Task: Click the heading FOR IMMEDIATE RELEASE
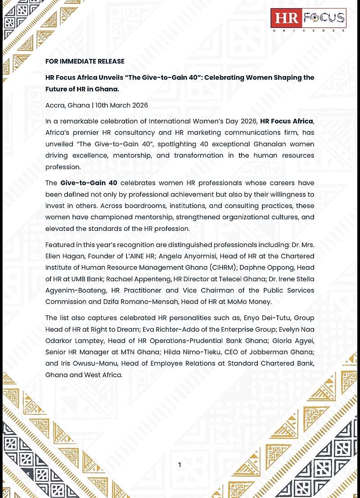tap(85, 61)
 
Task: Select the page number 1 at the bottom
tap(180, 465)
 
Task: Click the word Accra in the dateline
tap(55, 105)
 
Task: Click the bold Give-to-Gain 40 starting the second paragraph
tap(89, 183)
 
